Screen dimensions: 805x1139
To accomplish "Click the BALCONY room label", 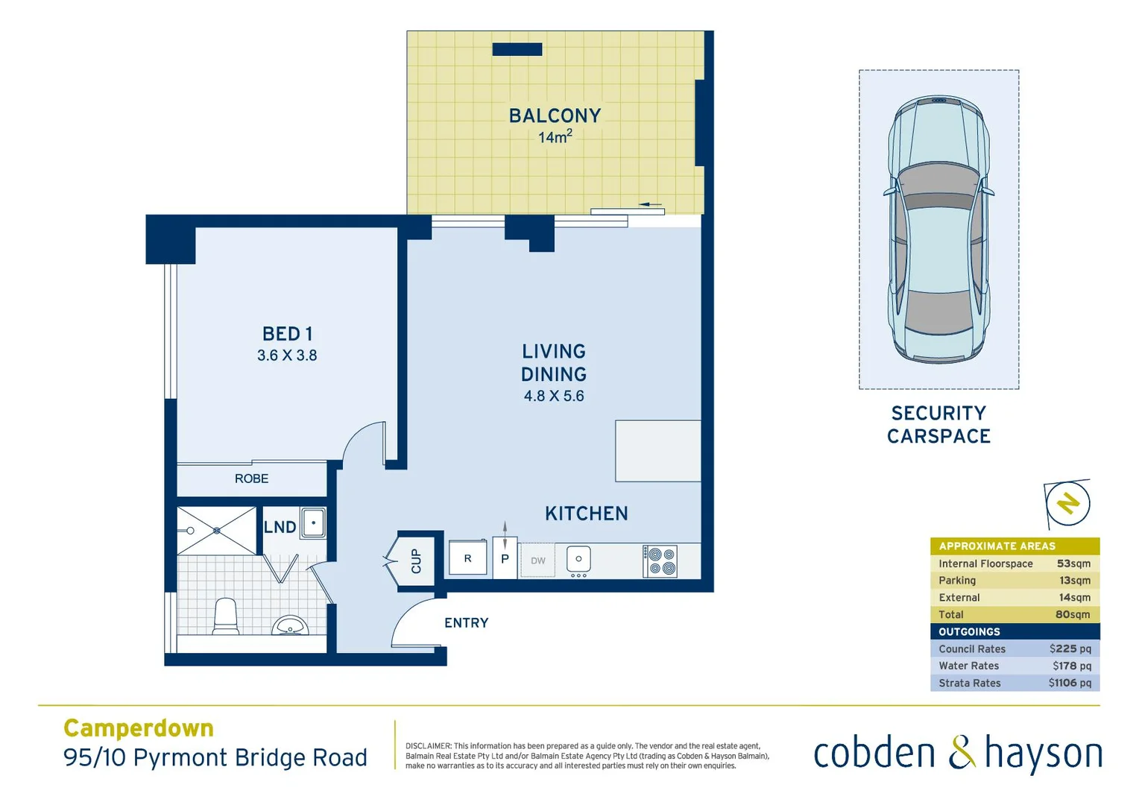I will coord(555,116).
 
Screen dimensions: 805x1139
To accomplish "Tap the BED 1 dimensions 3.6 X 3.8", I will coord(287,356).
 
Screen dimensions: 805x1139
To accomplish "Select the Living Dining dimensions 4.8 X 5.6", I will coord(554,396).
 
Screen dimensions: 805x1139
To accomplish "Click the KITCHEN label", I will coord(586,514).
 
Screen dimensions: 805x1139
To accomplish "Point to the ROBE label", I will coord(251,479).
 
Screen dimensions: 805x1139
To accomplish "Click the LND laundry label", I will coord(280,527).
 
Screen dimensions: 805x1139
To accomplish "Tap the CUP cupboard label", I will coord(416,561).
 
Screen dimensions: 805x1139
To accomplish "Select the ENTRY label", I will coord(466,622).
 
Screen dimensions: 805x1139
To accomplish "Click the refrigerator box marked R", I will coord(467,558).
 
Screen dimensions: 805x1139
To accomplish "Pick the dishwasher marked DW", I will coord(537,561).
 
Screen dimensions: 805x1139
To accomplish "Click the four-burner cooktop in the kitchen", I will coord(660,561).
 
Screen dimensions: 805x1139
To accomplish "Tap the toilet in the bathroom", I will coord(226,616).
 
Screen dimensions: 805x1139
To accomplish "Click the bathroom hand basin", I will coord(291,625).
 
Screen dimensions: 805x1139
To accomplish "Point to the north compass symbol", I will coord(1067,503).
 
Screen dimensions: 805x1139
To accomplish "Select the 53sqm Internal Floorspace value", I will coord(1073,564).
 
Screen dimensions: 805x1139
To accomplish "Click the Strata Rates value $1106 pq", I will coord(1070,683).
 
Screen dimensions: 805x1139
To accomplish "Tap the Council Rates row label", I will coord(972,649).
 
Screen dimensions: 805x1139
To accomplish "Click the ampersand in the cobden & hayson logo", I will coord(962,752).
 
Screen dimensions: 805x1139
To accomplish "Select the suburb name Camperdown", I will coord(139,727).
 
